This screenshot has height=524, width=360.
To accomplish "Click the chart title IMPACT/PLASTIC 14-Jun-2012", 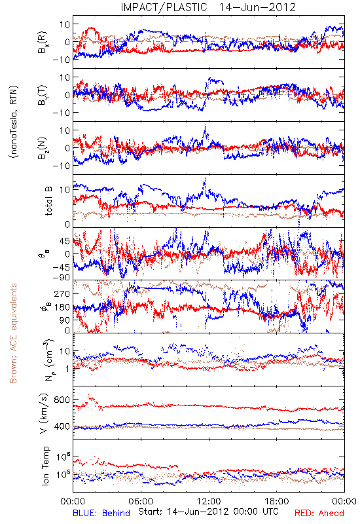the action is [208, 7].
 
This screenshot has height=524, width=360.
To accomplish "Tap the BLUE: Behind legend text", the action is [101, 513].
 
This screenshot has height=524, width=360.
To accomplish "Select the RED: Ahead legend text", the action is [319, 513].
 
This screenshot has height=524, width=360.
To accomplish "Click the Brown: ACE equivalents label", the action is [13, 333].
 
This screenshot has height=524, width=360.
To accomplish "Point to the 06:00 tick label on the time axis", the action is [141, 501].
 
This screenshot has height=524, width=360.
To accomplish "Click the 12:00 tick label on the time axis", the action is [209, 501].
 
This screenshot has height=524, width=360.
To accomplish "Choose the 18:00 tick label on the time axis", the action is [277, 501].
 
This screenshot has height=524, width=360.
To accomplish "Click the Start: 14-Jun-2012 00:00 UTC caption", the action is [208, 512].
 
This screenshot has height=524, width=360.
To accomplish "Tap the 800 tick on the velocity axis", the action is [62, 400].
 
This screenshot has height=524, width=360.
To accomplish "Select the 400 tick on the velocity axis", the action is [62, 426].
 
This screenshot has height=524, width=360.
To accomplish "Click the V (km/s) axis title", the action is [44, 413].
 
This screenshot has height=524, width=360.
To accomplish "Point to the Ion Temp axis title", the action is [45, 466].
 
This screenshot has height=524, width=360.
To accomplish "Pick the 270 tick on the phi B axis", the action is [62, 293].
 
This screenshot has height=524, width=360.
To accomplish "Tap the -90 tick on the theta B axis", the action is [62, 277].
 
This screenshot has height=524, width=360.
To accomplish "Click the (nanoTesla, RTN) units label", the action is [14, 122].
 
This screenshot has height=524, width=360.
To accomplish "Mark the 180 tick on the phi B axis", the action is [62, 307].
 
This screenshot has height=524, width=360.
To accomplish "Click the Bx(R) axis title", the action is [43, 43].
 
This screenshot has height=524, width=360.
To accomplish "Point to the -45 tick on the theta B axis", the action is [62, 267].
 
